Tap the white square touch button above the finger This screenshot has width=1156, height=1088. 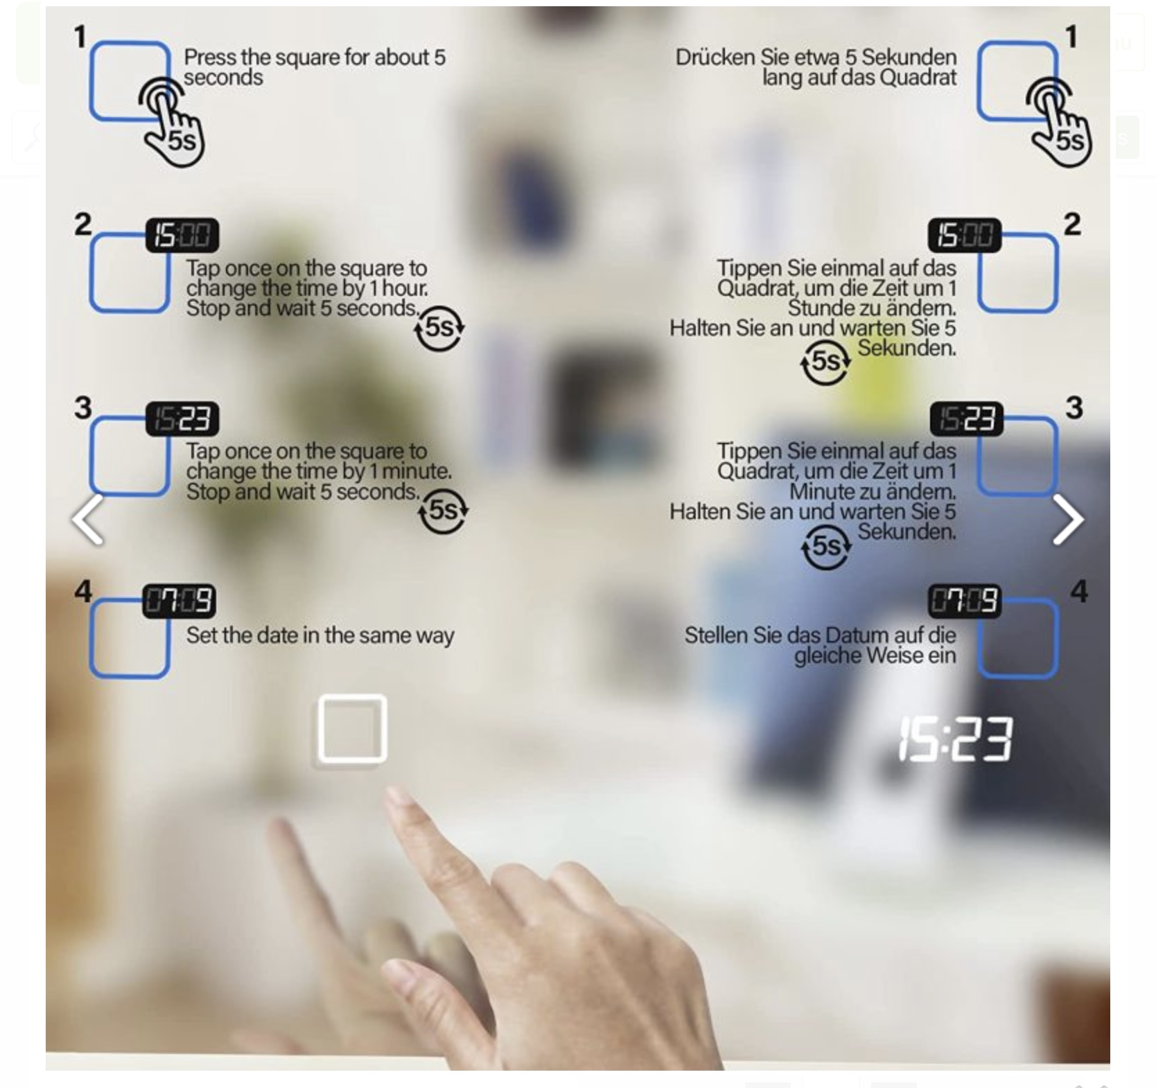click(352, 729)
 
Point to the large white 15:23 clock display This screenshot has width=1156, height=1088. click(956, 739)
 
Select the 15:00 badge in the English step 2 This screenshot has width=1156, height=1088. click(182, 235)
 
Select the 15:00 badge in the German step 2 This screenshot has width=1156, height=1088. click(965, 235)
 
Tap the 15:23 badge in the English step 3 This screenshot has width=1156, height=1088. click(182, 419)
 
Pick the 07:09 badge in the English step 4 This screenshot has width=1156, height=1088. click(179, 601)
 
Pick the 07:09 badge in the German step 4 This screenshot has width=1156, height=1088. click(965, 601)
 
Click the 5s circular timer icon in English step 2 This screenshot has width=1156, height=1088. click(439, 328)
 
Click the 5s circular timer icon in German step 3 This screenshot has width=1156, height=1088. click(826, 547)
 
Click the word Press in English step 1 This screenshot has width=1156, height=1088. click(210, 57)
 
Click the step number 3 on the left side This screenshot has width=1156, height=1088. click(83, 407)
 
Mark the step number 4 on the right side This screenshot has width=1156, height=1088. click(1079, 591)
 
